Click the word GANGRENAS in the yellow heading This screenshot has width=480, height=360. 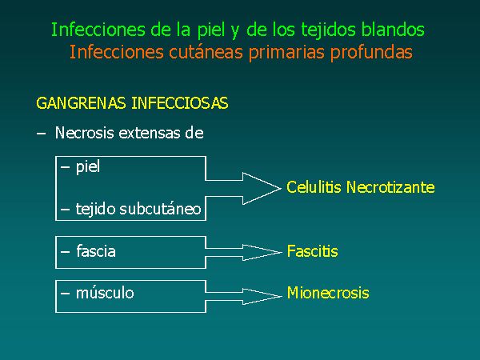click(x=81, y=103)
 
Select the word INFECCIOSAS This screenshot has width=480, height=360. click(x=180, y=103)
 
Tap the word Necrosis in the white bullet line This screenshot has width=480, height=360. click(x=85, y=133)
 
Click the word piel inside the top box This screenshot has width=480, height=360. click(x=88, y=167)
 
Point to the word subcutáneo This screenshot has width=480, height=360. click(x=160, y=209)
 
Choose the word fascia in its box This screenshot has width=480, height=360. click(x=96, y=251)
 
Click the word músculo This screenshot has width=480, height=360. click(x=105, y=293)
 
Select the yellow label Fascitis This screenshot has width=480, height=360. click(x=312, y=251)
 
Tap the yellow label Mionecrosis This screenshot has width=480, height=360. click(x=328, y=293)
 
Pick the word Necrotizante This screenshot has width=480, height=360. click(x=390, y=187)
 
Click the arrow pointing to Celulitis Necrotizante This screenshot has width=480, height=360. click(x=243, y=188)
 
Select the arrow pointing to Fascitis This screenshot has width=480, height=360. click(x=243, y=253)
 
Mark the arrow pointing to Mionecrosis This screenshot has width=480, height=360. click(x=243, y=296)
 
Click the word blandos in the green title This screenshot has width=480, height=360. click(x=393, y=30)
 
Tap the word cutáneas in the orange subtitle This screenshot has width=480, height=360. click(x=206, y=52)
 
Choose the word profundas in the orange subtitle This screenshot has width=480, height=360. click(x=371, y=53)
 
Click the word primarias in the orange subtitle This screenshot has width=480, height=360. click(x=286, y=53)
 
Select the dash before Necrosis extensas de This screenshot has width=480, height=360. click(x=41, y=134)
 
